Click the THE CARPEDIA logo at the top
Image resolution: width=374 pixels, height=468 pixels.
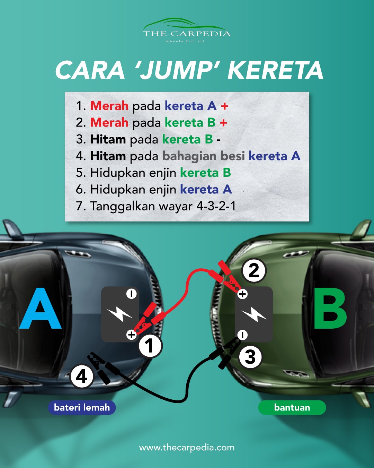pyautogui.click(x=186, y=30)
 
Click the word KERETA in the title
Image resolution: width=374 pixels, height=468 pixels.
pyautogui.click(x=275, y=70)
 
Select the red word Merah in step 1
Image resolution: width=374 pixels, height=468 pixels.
pyautogui.click(x=109, y=106)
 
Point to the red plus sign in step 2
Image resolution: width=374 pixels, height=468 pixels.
pyautogui.click(x=223, y=123)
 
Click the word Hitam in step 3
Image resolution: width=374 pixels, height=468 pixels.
pyautogui.click(x=108, y=139)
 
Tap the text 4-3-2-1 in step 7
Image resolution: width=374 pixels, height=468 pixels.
pyautogui.click(x=216, y=206)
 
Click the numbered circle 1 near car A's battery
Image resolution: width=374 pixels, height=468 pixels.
pyautogui.click(x=150, y=346)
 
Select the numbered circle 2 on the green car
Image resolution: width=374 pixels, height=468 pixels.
pyautogui.click(x=254, y=270)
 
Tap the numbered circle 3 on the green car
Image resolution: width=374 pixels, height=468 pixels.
pyautogui.click(x=250, y=357)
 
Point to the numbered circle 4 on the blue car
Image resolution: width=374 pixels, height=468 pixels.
pyautogui.click(x=82, y=377)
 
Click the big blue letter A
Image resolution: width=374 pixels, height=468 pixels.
pyautogui.click(x=40, y=308)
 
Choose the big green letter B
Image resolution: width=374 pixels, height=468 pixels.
pyautogui.click(x=330, y=308)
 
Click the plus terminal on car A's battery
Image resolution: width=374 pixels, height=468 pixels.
pyautogui.click(x=132, y=335)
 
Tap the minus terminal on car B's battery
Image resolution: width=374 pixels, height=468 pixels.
pyautogui.click(x=242, y=335)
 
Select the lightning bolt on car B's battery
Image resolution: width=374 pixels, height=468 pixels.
pyautogui.click(x=254, y=314)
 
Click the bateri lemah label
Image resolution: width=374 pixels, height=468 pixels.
pyautogui.click(x=82, y=408)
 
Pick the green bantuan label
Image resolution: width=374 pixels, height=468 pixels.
pyautogui.click(x=292, y=408)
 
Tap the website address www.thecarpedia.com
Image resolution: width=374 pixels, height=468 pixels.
pyautogui.click(x=187, y=448)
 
